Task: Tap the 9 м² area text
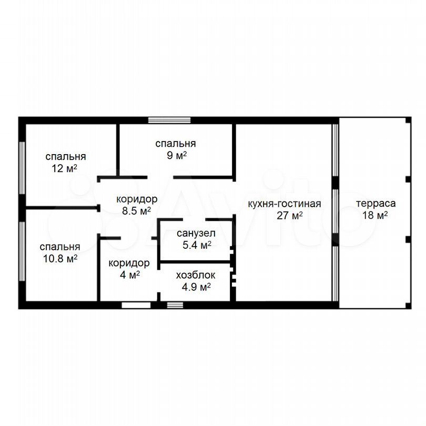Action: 177,155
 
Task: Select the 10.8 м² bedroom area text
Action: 60,258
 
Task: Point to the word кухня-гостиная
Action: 284,204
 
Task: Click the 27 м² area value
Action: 290,216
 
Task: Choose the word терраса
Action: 376,204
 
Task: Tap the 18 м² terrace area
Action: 375,215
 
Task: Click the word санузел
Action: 196,233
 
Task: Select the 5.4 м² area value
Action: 197,245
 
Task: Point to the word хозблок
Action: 196,275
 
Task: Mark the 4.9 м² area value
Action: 196,287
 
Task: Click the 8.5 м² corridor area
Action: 136,211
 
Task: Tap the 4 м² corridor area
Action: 130,275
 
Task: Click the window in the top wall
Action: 169,120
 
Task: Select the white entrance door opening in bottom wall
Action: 136,305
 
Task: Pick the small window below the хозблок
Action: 175,305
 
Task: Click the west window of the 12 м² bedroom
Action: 22,168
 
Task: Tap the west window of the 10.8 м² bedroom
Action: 22,251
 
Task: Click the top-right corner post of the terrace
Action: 408,120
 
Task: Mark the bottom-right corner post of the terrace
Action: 408,306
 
